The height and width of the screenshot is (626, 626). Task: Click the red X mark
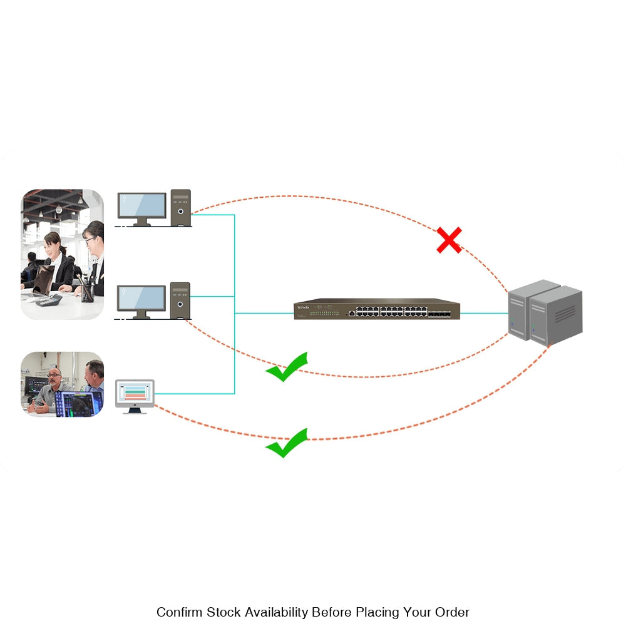(x=449, y=240)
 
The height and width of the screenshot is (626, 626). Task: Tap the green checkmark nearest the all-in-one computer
(x=287, y=443)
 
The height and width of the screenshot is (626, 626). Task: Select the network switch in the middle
(x=377, y=309)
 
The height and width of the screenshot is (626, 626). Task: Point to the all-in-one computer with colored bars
(x=135, y=394)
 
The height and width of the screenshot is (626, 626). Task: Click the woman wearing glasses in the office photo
(x=94, y=250)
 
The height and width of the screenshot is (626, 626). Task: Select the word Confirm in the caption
(x=180, y=612)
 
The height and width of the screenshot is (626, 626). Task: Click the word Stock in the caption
(x=224, y=612)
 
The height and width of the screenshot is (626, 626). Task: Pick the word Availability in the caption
(x=277, y=612)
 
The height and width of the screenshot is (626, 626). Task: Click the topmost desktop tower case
(x=180, y=207)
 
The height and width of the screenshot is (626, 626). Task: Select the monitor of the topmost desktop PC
(x=142, y=205)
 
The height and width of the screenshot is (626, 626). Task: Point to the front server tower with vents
(x=556, y=316)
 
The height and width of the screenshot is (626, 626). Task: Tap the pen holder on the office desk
(x=86, y=291)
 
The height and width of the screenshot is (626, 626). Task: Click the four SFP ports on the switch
(x=439, y=311)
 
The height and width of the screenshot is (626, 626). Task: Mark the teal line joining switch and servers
(x=483, y=313)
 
